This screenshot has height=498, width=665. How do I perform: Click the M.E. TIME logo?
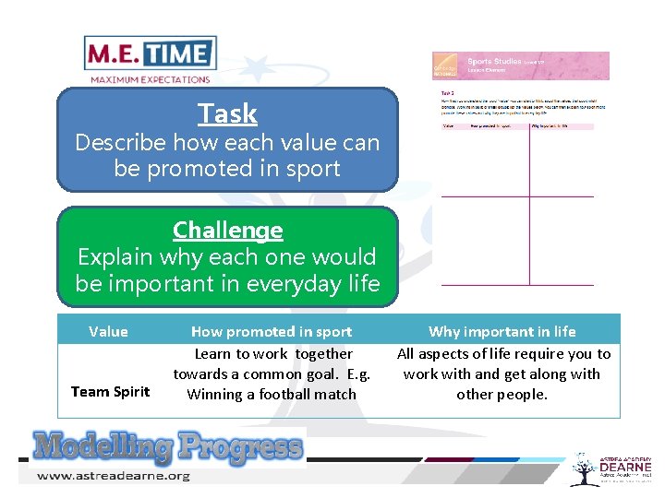coord(150,53)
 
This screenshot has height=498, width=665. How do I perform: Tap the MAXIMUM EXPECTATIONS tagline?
coord(150,79)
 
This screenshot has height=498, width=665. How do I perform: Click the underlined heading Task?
coord(227,113)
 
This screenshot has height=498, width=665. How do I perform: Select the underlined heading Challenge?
coord(227,230)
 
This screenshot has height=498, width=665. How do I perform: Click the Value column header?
coord(108,331)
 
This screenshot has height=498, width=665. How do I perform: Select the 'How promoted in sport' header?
coord(271,331)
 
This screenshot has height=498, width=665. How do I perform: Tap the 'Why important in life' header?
coord(502,331)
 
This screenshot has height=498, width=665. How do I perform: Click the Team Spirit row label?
coord(110,391)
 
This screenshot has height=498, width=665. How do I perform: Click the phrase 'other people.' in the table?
coord(502,395)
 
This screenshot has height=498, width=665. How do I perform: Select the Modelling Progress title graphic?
coord(167,447)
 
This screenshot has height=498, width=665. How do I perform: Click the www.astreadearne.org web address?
coord(113,476)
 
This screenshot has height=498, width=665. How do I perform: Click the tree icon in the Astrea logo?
coord(583,468)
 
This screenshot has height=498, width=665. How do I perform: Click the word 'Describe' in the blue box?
coord(119,143)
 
